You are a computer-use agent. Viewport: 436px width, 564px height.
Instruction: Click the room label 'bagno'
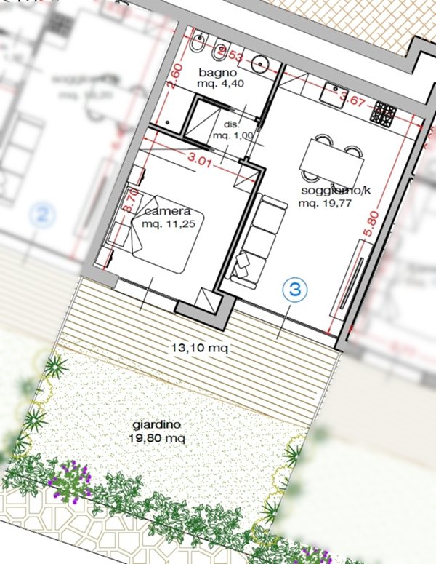217,73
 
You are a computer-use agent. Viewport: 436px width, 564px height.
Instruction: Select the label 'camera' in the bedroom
166,211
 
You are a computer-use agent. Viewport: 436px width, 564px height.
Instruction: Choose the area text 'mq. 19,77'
327,204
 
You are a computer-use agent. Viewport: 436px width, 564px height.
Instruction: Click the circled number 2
43,215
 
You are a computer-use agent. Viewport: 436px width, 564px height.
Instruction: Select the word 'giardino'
157,426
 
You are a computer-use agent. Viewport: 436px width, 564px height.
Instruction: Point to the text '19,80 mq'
157,438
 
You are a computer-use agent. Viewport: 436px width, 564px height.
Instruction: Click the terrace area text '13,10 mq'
200,348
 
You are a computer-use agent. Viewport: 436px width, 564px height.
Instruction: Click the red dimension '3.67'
352,100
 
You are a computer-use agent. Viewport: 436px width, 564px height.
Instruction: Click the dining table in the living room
333,159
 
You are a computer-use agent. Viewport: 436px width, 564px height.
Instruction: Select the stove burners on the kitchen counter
384,113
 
